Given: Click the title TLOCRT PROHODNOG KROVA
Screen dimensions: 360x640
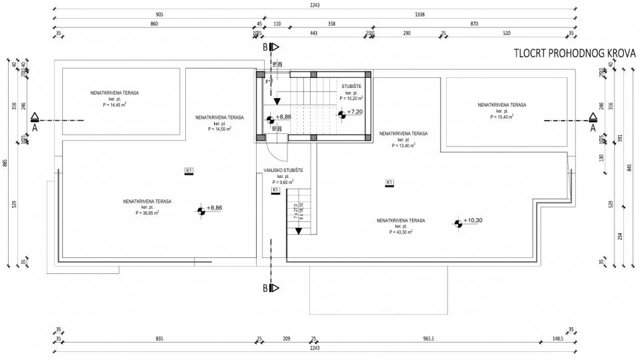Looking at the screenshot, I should pos(574,53).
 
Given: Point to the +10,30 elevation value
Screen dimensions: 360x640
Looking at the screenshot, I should pos(473,220).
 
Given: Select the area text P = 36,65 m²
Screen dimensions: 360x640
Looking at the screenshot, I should pos(147,213).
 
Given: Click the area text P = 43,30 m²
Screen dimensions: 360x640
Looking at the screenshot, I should pos(401,232).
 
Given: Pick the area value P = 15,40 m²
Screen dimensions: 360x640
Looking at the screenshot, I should pos(501,117).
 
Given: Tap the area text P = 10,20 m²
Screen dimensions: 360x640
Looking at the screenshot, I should pos(353,98).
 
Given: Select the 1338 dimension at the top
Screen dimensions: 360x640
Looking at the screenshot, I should pos(420,14).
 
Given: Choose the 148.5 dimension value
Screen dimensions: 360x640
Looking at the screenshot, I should pos(557,339).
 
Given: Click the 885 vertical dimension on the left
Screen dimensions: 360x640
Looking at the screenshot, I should pos(5,164).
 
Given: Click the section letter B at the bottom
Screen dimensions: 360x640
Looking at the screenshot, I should pos(265,288).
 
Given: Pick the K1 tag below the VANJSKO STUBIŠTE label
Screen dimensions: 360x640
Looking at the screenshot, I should pos(275,191).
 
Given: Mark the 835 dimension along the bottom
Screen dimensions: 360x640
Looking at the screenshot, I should pos(159,339).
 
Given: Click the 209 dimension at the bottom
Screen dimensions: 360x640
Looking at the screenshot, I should pos(287,339).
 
